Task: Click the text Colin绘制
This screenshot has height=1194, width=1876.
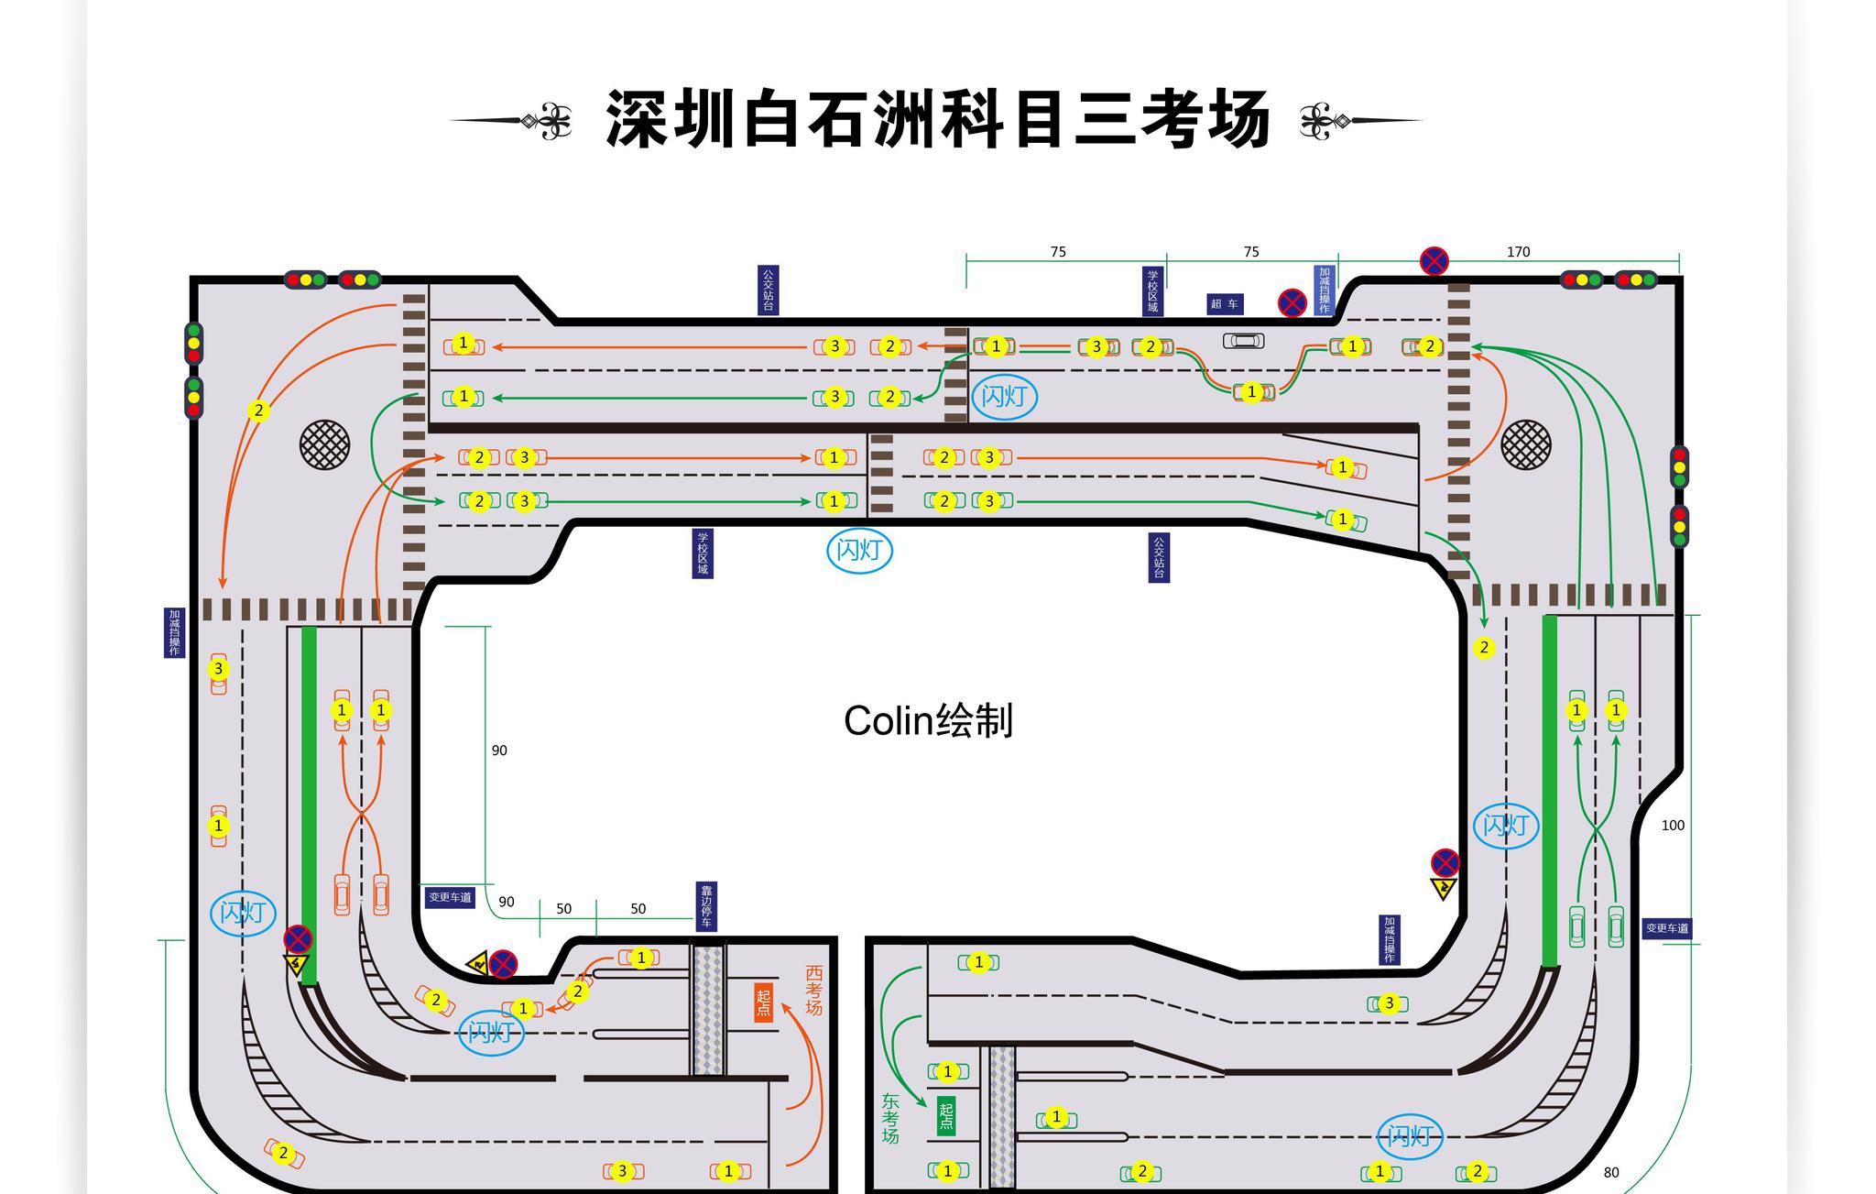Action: coord(928,721)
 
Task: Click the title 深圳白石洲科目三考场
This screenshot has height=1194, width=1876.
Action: coord(938,120)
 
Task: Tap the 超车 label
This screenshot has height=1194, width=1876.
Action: coord(1225,304)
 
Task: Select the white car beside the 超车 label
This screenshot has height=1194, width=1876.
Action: coord(1243,341)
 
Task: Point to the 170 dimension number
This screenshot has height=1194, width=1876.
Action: coord(1518,252)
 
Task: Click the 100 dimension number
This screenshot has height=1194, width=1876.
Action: coord(1673,826)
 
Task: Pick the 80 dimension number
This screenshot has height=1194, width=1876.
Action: coord(1611,1173)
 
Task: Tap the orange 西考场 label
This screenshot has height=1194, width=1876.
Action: coord(813,991)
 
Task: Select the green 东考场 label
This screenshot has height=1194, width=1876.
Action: coord(890,1119)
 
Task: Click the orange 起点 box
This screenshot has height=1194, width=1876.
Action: coord(764,1002)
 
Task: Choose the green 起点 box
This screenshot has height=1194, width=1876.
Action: coord(946,1116)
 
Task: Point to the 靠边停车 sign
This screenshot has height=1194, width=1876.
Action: coord(706,906)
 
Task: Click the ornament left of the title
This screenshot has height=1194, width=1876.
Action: coord(513,121)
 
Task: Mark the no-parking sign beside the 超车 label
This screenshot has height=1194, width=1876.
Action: coord(1292,302)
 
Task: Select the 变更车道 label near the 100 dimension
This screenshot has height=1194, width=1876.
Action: coord(1666,928)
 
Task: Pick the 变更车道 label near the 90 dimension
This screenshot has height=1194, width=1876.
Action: coord(450,897)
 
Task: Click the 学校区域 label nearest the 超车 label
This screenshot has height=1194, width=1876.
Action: coord(1153,290)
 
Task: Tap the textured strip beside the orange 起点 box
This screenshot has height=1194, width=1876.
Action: coord(708,1010)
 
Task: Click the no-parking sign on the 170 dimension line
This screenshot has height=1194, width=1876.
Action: coord(1434,261)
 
